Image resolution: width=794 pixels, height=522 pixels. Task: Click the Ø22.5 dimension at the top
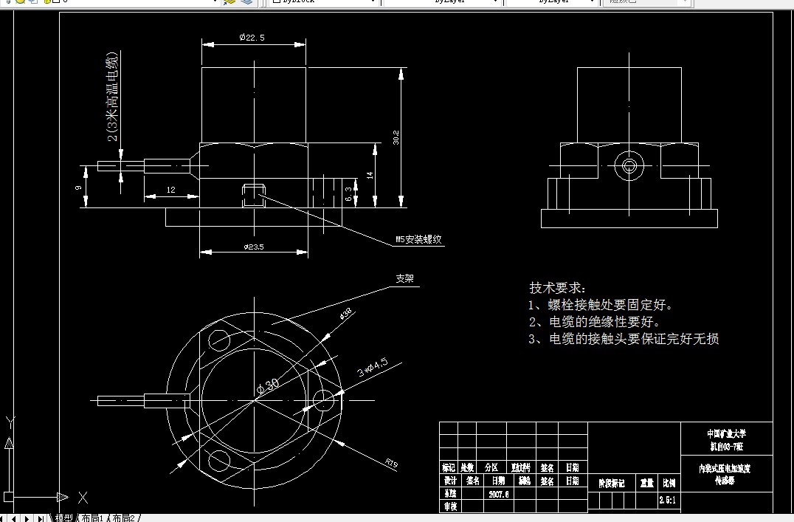tap(252, 38)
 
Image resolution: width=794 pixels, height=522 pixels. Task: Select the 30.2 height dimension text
tap(396, 137)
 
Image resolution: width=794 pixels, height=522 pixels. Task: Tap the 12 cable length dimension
tap(170, 190)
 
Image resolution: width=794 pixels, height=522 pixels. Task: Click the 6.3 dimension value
tap(348, 195)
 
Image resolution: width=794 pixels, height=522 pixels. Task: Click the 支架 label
tap(405, 279)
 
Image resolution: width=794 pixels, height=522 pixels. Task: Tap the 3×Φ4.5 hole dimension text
tap(372, 367)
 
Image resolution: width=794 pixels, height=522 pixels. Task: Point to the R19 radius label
tap(391, 463)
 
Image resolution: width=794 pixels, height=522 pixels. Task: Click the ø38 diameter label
tap(345, 315)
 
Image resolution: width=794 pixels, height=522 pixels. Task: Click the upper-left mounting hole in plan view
tap(219, 340)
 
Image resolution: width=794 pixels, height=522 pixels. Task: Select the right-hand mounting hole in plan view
tap(323, 400)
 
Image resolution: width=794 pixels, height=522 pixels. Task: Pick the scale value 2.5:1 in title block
tap(668, 501)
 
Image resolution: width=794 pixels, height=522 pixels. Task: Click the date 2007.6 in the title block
tap(499, 494)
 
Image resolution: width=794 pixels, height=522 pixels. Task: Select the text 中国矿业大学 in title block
tap(726, 433)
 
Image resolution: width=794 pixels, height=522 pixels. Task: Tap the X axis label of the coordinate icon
tap(83, 497)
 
